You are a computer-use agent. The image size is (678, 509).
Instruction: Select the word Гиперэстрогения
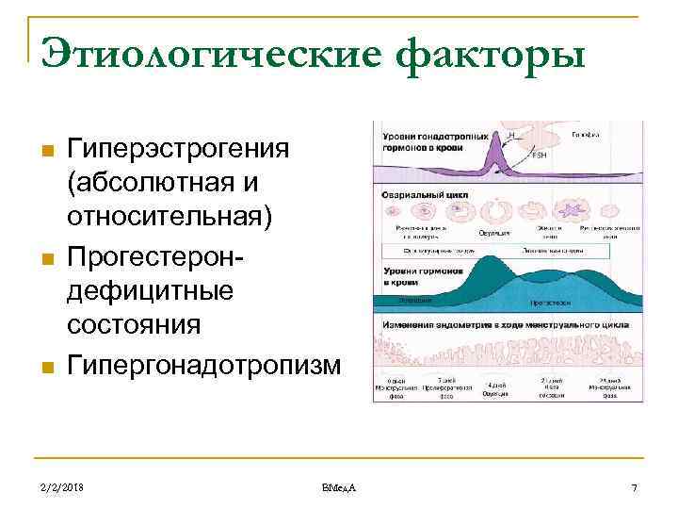178,149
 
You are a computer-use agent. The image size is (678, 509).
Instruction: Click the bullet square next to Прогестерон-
44,257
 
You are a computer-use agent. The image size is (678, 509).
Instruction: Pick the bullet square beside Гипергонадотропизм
44,366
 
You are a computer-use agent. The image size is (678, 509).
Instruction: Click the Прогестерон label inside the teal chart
547,304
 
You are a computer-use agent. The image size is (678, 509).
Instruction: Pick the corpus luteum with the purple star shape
573,207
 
